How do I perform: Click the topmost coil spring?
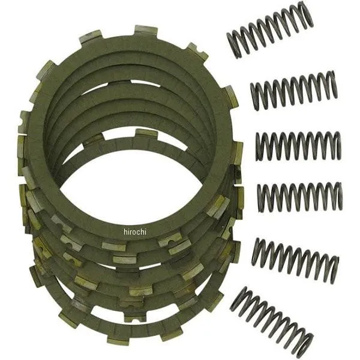click(x=270, y=32)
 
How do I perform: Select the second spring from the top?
click(x=294, y=90)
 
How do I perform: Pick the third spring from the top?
click(x=298, y=146)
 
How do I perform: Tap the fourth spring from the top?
click(x=300, y=197)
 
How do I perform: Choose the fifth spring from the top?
click(x=295, y=260)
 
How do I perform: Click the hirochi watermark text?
click(x=135, y=232)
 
